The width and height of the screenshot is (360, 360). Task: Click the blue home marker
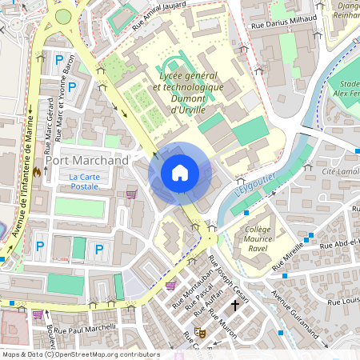coord(180,172)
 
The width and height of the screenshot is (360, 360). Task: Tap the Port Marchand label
coord(86,161)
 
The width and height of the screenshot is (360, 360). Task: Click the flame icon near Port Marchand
coord(37,170)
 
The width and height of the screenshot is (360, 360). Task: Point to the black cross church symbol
coord(235,305)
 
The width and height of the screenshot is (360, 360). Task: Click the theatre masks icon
coord(198,333)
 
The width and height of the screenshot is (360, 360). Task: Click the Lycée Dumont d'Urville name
coord(179,92)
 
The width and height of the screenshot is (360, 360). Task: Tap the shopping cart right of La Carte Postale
coord(131,193)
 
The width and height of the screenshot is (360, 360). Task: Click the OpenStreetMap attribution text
coord(80,354)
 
